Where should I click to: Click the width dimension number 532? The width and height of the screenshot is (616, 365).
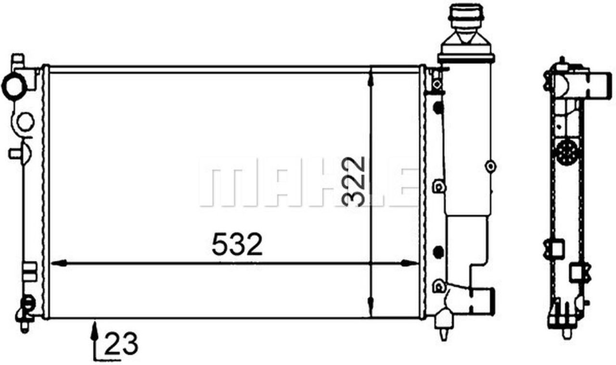(x=237, y=244)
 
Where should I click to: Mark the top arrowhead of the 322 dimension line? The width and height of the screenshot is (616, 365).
(x=371, y=77)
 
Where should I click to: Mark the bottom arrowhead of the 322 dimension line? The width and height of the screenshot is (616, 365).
(x=371, y=308)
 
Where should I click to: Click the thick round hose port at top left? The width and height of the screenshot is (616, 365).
(x=14, y=86)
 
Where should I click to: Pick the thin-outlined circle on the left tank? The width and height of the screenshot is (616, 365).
(x=26, y=121)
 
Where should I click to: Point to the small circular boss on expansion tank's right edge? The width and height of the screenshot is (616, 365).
(x=490, y=167)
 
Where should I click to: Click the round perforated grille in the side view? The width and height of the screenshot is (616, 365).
(x=566, y=153)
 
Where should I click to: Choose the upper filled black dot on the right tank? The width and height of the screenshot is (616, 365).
(x=437, y=107)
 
